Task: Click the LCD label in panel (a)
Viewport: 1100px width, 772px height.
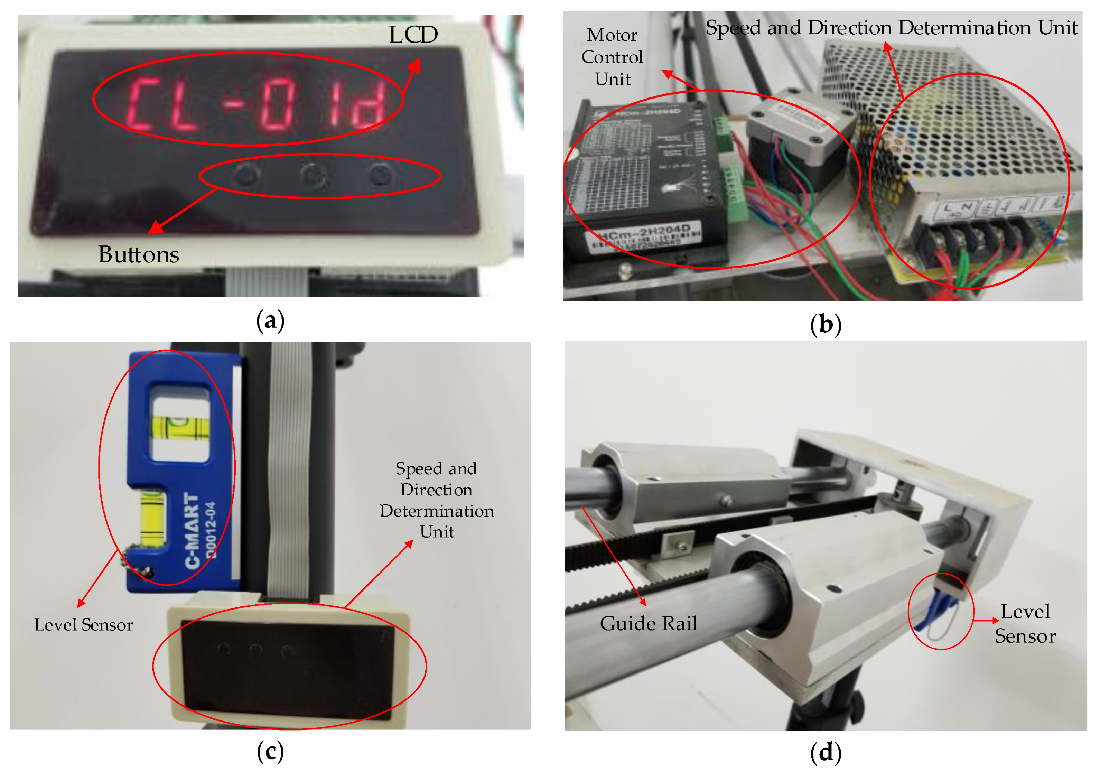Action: pos(413,35)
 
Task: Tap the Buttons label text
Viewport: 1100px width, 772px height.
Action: pos(139,254)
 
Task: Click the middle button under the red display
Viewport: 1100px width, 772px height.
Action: pos(313,175)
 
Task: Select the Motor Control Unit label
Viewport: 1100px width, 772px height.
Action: pos(612,57)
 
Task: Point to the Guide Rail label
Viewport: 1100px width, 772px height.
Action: pos(648,623)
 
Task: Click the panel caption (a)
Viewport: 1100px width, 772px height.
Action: pos(271,320)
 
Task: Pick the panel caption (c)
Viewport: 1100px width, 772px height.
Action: pos(271,751)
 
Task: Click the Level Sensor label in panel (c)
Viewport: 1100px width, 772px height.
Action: pos(84,625)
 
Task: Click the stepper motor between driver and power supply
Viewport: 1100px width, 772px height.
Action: pos(795,144)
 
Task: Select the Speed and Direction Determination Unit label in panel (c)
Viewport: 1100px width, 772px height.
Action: pos(437,500)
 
